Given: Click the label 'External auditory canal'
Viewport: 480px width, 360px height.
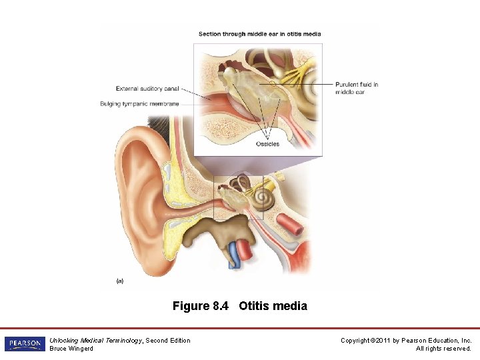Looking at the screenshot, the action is coord(147,89).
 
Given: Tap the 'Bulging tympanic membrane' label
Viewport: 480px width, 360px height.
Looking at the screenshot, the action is coord(139,103).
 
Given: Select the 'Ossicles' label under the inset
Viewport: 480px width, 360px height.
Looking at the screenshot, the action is coord(267,143).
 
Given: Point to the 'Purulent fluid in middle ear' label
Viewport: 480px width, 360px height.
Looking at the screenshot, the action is coord(357,88).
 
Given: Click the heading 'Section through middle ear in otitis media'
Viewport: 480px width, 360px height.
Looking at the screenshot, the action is coord(259,34).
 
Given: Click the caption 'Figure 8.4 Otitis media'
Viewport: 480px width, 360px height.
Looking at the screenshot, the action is coord(240,306).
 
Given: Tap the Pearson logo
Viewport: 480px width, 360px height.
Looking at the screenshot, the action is coord(24,344).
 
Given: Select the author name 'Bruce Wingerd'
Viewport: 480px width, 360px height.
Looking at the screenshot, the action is coord(71,348).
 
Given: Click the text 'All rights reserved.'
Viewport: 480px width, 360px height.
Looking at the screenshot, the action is coord(443,348).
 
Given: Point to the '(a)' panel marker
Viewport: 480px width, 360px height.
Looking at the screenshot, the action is coord(119,281).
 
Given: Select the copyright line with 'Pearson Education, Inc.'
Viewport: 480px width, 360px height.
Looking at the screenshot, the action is coord(406,341).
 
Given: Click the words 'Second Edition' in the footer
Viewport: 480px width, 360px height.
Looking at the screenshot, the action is coord(168,341).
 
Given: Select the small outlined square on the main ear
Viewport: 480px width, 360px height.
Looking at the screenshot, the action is coord(238,197).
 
